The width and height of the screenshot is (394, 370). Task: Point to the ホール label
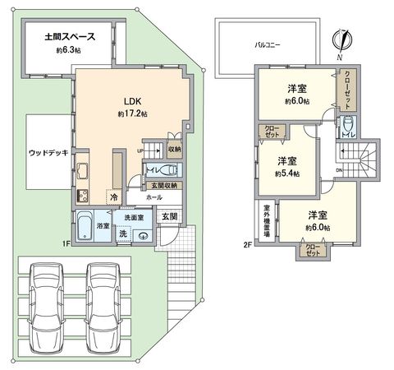click(154, 198)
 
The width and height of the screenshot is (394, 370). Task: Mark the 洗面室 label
click(134, 218)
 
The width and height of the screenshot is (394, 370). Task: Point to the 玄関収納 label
click(167, 185)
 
